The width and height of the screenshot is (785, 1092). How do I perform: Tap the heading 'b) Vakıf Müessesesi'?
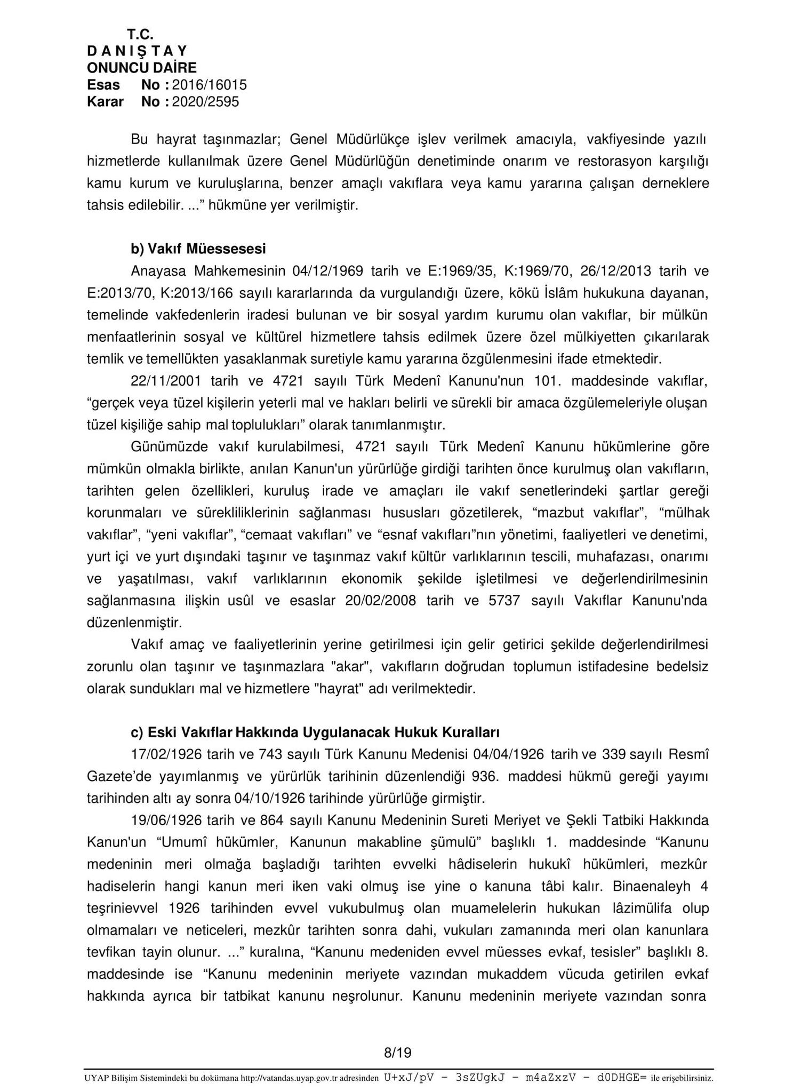198,249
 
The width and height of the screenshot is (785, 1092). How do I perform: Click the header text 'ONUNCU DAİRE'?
141,68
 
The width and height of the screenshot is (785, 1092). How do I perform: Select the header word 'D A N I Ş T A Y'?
137,51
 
